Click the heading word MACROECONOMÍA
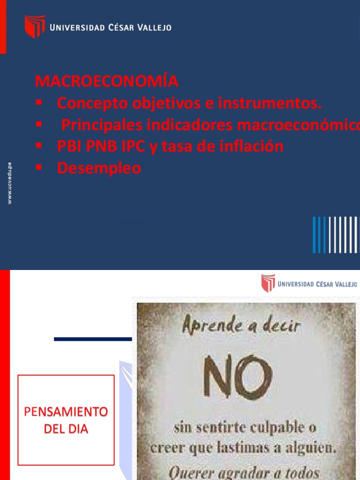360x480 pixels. pyautogui.click(x=106, y=82)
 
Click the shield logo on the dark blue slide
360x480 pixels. pyautogui.click(x=35, y=26)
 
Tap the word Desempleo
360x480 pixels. pyautogui.click(x=99, y=168)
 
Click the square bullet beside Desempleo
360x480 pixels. pyautogui.click(x=39, y=167)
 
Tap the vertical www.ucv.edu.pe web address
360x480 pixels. pyautogui.click(x=10, y=183)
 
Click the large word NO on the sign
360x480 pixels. pyautogui.click(x=237, y=377)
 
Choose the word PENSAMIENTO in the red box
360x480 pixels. pyautogui.click(x=66, y=412)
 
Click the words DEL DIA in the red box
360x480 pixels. pyautogui.click(x=66, y=429)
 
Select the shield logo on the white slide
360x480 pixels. pyautogui.click(x=268, y=284)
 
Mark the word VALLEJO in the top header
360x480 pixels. pyautogui.click(x=153, y=28)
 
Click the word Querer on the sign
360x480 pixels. pyautogui.click(x=188, y=472)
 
